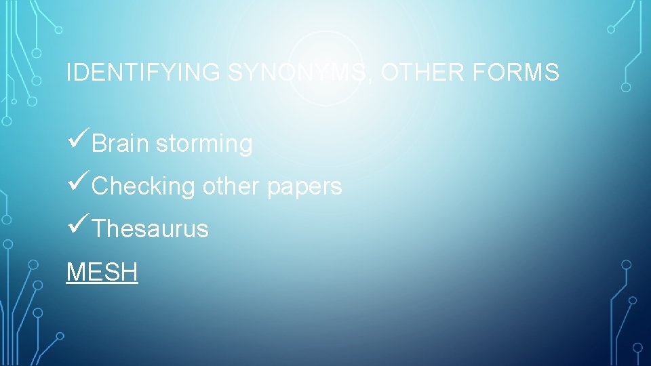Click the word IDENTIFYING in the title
143,72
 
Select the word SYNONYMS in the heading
299,72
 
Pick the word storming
203,144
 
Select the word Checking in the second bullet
143,186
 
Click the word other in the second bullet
231,186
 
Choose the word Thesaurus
150,229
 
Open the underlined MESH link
102,272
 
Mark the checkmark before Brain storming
79,142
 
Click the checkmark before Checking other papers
79,184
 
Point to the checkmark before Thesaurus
79,227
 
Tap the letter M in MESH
74,272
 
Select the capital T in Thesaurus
98,229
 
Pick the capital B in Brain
99,144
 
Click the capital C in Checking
100,186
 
